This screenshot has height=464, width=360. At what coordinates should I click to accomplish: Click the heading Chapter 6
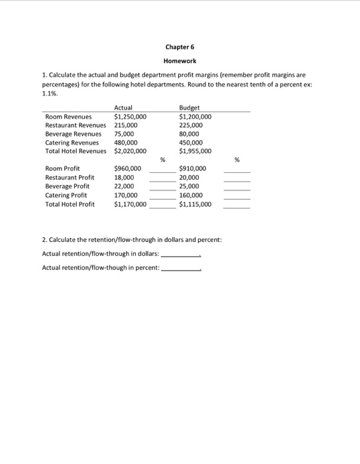tap(180, 47)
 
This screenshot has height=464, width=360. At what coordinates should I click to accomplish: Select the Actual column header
tap(123, 107)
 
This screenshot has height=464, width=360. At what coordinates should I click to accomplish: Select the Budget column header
tap(189, 107)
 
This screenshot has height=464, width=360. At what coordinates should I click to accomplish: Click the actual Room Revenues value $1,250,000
tap(130, 116)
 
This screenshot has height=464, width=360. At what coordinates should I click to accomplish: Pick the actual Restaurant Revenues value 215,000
tap(126, 125)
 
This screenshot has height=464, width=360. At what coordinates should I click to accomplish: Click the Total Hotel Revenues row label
tap(76, 150)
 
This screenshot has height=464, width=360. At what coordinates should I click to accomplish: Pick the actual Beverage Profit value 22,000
tap(124, 187)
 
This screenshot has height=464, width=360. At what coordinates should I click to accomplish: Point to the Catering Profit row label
tap(66, 196)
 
